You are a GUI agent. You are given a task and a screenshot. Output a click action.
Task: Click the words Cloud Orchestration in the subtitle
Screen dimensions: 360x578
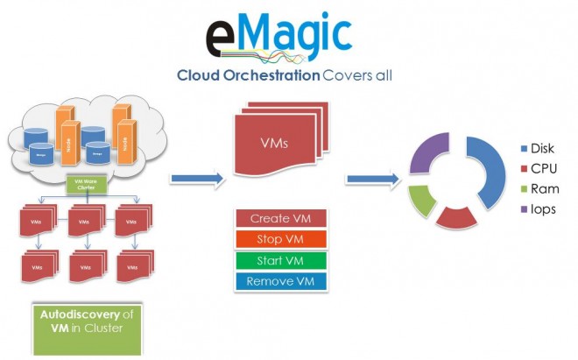coord(248,75)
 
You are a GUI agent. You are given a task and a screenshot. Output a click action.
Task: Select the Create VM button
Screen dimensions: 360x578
coord(281,218)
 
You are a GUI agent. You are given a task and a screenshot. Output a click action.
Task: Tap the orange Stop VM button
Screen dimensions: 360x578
coord(281,239)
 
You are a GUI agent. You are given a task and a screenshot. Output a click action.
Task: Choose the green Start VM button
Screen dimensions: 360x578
coord(281,260)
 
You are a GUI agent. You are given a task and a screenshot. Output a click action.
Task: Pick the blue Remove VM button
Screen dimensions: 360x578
coord(281,281)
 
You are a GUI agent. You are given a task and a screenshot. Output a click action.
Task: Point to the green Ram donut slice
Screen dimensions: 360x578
coord(422,201)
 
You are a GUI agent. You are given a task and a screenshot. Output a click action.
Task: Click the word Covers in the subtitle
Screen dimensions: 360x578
coord(344,75)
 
